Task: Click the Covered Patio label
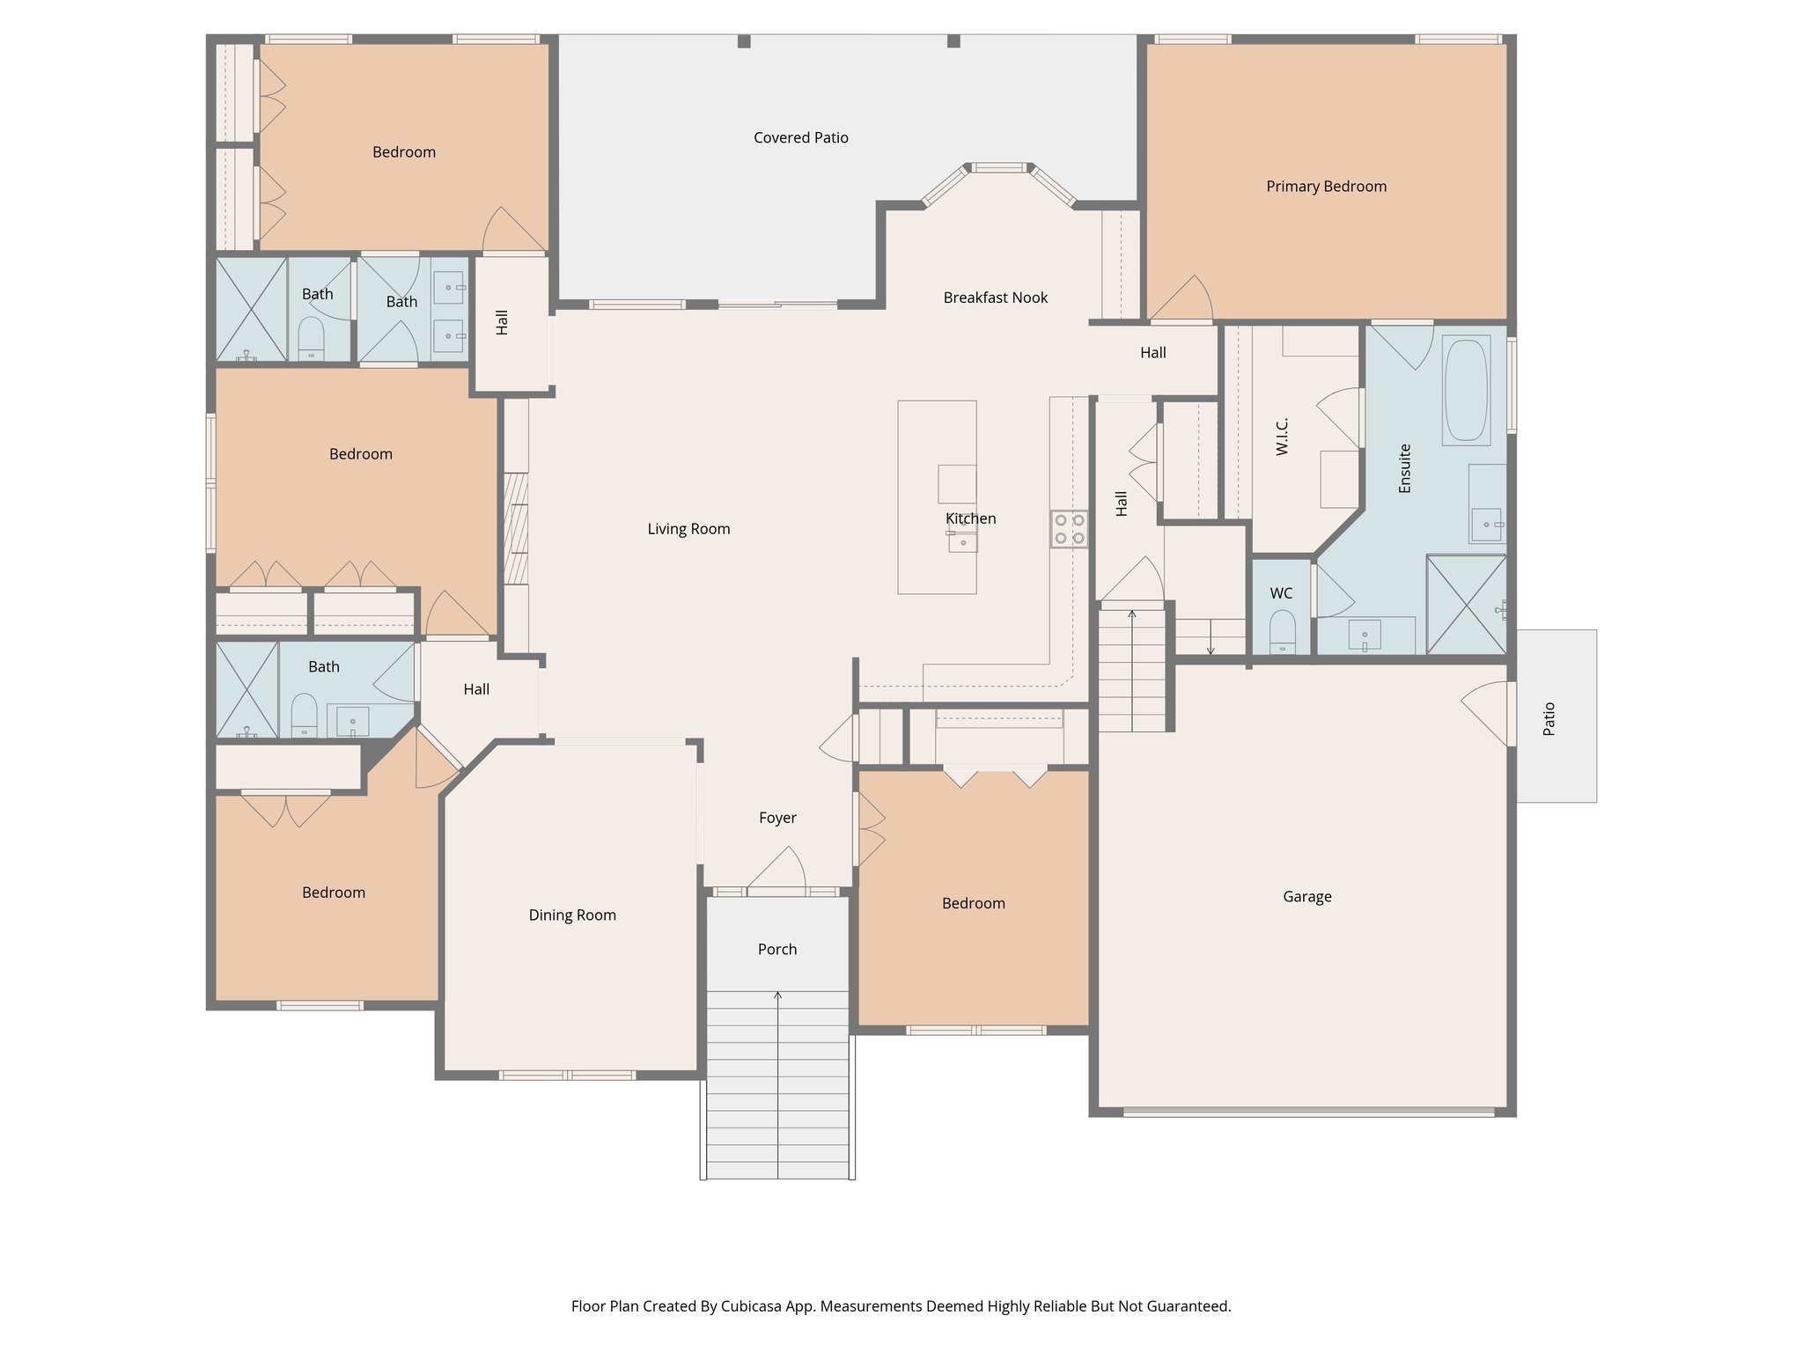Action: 800,137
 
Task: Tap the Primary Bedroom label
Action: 1326,186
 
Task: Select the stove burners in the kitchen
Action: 1069,529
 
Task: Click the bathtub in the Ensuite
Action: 1466,390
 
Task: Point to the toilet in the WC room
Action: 1282,633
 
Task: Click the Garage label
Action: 1306,896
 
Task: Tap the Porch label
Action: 776,949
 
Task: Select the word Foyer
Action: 776,818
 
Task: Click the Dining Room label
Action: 571,915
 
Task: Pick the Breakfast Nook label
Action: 995,298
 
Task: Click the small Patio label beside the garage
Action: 1549,718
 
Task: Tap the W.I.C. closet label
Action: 1282,437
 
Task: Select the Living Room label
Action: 688,528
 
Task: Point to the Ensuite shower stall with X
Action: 1466,605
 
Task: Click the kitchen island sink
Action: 962,540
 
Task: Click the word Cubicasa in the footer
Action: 754,1306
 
